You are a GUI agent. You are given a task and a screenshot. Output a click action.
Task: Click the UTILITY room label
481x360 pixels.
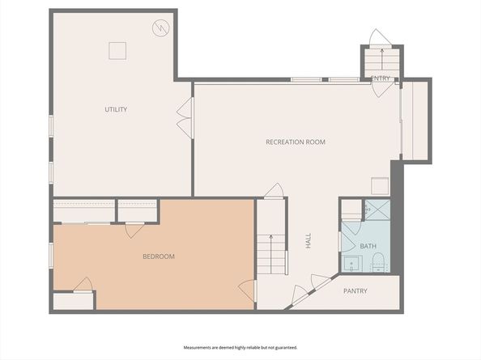click(x=116, y=109)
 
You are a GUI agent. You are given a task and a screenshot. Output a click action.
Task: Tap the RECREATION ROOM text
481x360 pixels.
click(x=296, y=142)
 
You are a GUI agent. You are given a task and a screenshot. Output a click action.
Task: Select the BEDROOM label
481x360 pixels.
click(x=159, y=256)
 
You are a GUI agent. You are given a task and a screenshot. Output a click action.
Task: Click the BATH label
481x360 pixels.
click(x=368, y=246)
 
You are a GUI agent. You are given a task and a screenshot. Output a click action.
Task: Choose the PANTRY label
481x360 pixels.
click(x=355, y=291)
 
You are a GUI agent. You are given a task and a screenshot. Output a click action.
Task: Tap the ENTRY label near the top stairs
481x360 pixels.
click(x=380, y=78)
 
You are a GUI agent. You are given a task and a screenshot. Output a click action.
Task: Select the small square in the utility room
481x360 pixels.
click(x=118, y=50)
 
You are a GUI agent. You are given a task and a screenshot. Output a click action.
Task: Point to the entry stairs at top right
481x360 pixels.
click(x=380, y=61)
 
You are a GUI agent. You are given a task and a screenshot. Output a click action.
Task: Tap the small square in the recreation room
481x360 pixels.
click(x=380, y=184)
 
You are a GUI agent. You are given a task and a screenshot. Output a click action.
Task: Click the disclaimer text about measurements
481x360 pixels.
click(x=240, y=347)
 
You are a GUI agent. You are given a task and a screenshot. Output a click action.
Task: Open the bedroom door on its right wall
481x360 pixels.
click(x=249, y=290)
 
